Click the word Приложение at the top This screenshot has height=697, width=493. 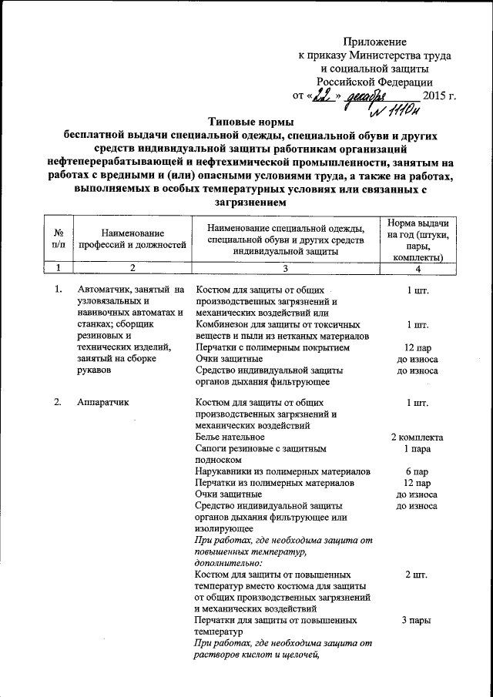tap(374, 42)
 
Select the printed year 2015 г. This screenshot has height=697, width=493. tap(440, 96)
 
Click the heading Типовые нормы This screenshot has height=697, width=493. tap(247, 121)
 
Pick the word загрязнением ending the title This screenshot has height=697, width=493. tap(247, 204)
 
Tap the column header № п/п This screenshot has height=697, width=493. tap(59, 239)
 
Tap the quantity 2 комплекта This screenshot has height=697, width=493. tap(417, 437)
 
